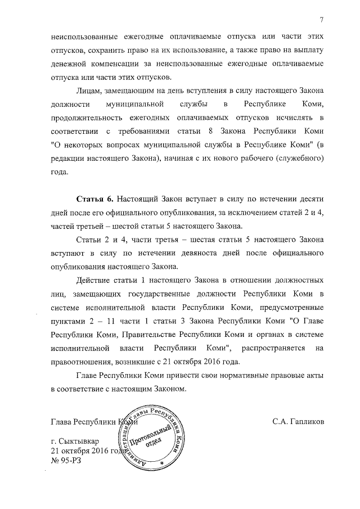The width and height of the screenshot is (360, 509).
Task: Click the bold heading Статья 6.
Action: pos(95,200)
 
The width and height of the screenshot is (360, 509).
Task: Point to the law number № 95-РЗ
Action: pos(68,460)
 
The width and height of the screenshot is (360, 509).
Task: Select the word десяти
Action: pos(309,200)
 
